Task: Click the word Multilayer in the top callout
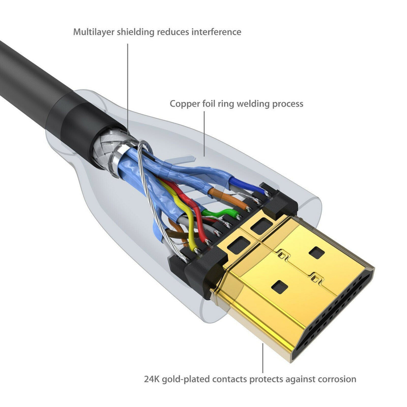(94, 32)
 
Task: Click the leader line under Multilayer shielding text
(128, 87)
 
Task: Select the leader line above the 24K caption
(263, 358)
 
